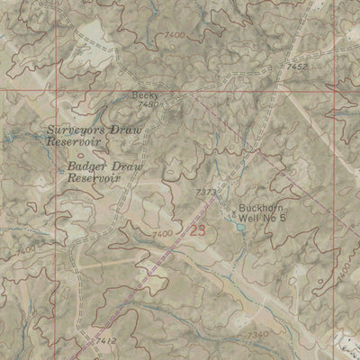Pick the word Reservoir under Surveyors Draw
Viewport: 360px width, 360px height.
click(x=72, y=142)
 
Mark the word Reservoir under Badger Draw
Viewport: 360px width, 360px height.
click(x=94, y=177)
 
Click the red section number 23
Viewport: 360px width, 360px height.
click(x=197, y=229)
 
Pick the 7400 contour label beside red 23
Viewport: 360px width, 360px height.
click(x=163, y=234)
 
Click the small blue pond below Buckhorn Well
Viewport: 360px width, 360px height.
click(x=239, y=228)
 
